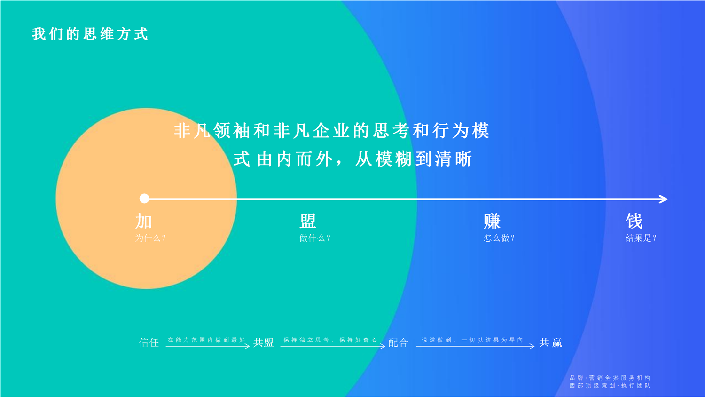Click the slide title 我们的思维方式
click(x=90, y=34)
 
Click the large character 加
click(x=143, y=221)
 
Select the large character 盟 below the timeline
click(x=307, y=221)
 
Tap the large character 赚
click(x=492, y=221)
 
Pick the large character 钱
click(x=634, y=221)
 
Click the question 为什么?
click(x=150, y=238)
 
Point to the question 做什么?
click(x=315, y=238)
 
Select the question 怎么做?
click(x=499, y=238)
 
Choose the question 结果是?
click(x=641, y=238)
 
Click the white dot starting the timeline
click(x=144, y=198)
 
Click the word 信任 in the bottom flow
click(x=149, y=342)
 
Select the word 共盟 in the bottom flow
click(x=263, y=342)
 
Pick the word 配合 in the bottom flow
click(x=398, y=342)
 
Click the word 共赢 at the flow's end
click(x=550, y=342)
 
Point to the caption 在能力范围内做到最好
click(x=206, y=340)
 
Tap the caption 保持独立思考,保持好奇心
click(x=330, y=340)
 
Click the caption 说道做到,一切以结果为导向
click(x=472, y=340)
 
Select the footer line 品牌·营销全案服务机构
click(x=610, y=377)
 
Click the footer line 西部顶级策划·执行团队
click(x=610, y=385)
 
